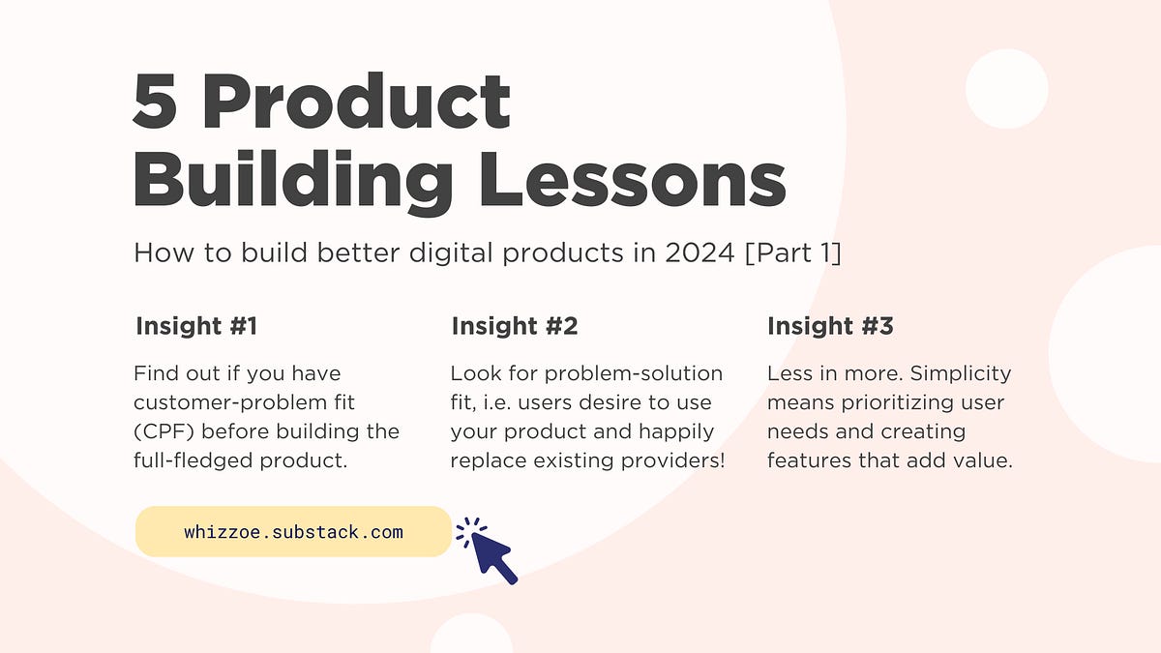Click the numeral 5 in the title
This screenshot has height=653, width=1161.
(x=155, y=101)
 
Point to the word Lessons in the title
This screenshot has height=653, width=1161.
(x=633, y=180)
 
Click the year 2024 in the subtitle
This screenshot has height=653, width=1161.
(x=700, y=252)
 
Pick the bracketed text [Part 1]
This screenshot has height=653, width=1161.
(x=793, y=252)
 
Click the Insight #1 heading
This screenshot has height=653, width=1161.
(x=196, y=326)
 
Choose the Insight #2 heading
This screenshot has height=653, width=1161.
(x=515, y=326)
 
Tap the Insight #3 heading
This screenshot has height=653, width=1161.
(x=830, y=326)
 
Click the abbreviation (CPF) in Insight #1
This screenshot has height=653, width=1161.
(x=164, y=431)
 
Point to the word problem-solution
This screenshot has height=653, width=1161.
(x=634, y=374)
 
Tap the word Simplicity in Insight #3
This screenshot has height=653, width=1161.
(x=961, y=374)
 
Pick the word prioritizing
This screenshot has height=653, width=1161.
(x=897, y=403)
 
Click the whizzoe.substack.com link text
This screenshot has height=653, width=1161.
(x=293, y=532)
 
